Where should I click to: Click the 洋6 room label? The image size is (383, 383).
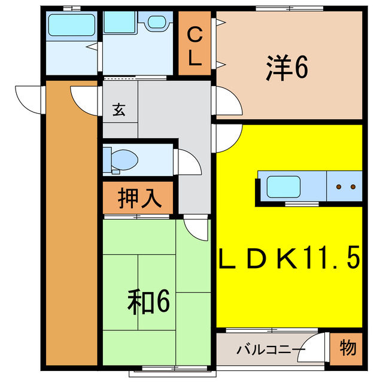(x=287, y=68)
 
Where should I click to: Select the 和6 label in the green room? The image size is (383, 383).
(x=148, y=302)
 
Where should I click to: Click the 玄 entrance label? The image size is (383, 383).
(x=119, y=110)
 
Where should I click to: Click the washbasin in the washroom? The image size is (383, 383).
(x=158, y=22)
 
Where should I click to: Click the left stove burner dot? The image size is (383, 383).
(x=339, y=187)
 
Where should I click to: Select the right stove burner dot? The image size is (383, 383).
(x=353, y=187)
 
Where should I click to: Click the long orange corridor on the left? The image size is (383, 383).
(x=71, y=227)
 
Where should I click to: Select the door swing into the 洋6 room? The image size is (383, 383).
(x=227, y=101)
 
